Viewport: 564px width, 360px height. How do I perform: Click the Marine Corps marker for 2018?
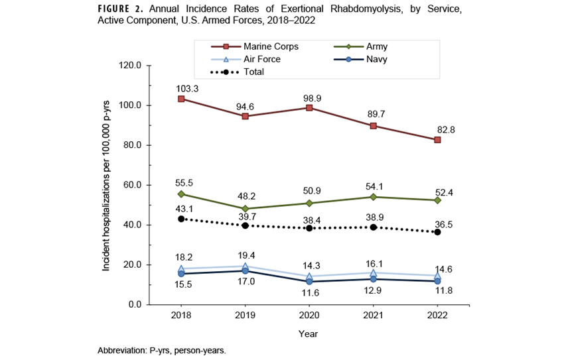[x=181, y=99]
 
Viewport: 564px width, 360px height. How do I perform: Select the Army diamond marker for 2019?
[x=246, y=209]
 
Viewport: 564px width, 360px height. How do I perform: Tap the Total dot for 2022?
[x=437, y=232]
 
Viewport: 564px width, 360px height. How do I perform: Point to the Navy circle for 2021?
[x=374, y=279]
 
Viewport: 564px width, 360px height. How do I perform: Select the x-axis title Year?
[x=309, y=333]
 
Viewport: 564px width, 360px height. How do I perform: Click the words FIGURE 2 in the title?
[x=122, y=10]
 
